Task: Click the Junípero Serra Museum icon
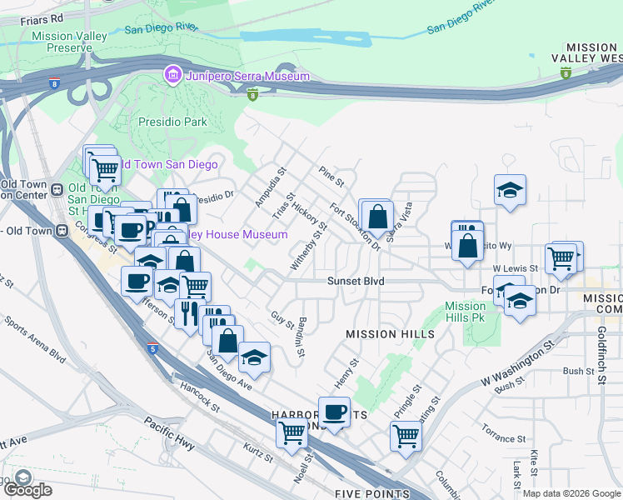click(x=173, y=76)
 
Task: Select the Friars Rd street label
click(x=21, y=17)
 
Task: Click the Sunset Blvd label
click(x=355, y=282)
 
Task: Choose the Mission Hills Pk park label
click(x=465, y=312)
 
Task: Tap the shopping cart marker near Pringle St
click(x=406, y=434)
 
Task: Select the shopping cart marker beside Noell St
click(x=292, y=432)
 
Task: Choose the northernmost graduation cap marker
click(x=510, y=190)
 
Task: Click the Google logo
click(x=28, y=489)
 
